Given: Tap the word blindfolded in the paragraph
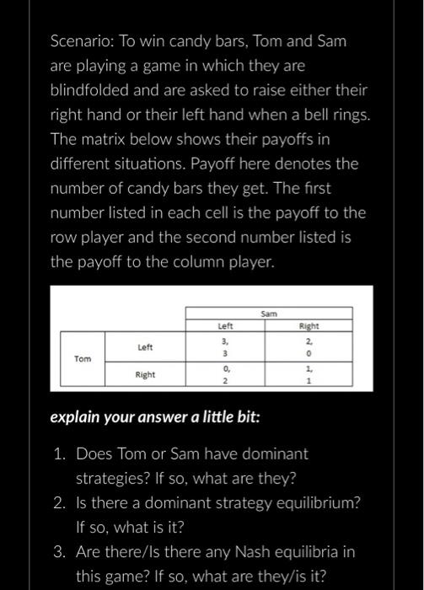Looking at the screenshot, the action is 92,88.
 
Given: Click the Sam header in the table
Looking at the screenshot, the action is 269,313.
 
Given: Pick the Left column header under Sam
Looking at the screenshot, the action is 225,324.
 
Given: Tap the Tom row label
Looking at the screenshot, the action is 82,358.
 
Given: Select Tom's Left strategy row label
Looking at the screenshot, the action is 145,346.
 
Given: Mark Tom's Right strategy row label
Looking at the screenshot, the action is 145,373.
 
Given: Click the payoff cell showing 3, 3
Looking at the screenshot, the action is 225,346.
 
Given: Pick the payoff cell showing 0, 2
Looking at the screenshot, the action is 225,374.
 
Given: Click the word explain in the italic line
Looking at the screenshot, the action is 77,416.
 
